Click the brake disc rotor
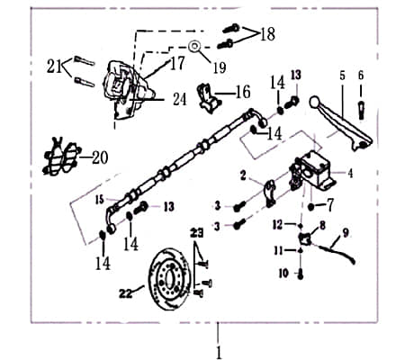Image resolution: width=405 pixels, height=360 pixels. click(x=170, y=274)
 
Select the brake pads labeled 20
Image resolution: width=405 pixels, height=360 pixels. click(x=61, y=157)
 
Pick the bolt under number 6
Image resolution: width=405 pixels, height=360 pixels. click(x=362, y=109)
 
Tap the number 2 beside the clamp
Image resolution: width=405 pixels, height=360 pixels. click(x=244, y=175)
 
